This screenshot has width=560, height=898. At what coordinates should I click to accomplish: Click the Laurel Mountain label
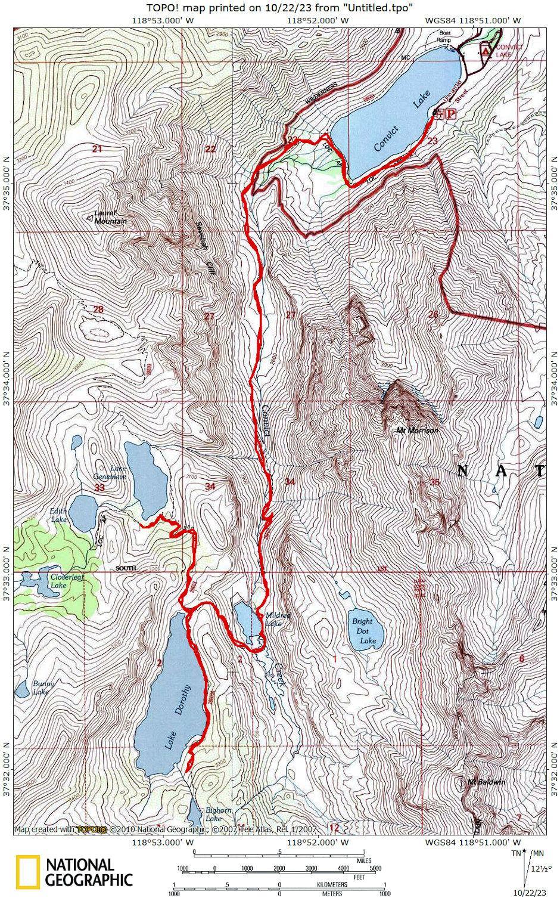tap(111, 217)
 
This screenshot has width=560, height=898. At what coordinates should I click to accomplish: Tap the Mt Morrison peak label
tap(418, 430)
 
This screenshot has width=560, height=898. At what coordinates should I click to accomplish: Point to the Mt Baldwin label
tap(486, 782)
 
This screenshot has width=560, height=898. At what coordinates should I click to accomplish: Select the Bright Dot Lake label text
tap(364, 631)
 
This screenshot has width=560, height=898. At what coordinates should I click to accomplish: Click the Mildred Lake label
tap(277, 619)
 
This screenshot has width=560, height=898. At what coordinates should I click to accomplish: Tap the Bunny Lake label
tap(43, 688)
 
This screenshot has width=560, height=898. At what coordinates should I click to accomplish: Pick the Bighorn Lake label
tap(218, 814)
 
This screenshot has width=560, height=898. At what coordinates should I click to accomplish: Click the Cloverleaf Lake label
tap(66, 581)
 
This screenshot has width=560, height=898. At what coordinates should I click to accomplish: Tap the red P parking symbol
tap(451, 114)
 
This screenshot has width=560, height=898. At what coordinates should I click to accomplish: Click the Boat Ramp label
tap(444, 36)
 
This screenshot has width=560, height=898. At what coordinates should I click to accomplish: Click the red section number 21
tap(97, 148)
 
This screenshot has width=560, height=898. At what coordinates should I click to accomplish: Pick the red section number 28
tap(98, 309)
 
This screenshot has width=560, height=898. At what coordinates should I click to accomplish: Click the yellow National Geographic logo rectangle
tap(28, 872)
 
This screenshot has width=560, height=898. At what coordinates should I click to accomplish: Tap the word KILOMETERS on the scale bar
tap(332, 884)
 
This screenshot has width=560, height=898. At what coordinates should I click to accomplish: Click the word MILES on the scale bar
tap(363, 860)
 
